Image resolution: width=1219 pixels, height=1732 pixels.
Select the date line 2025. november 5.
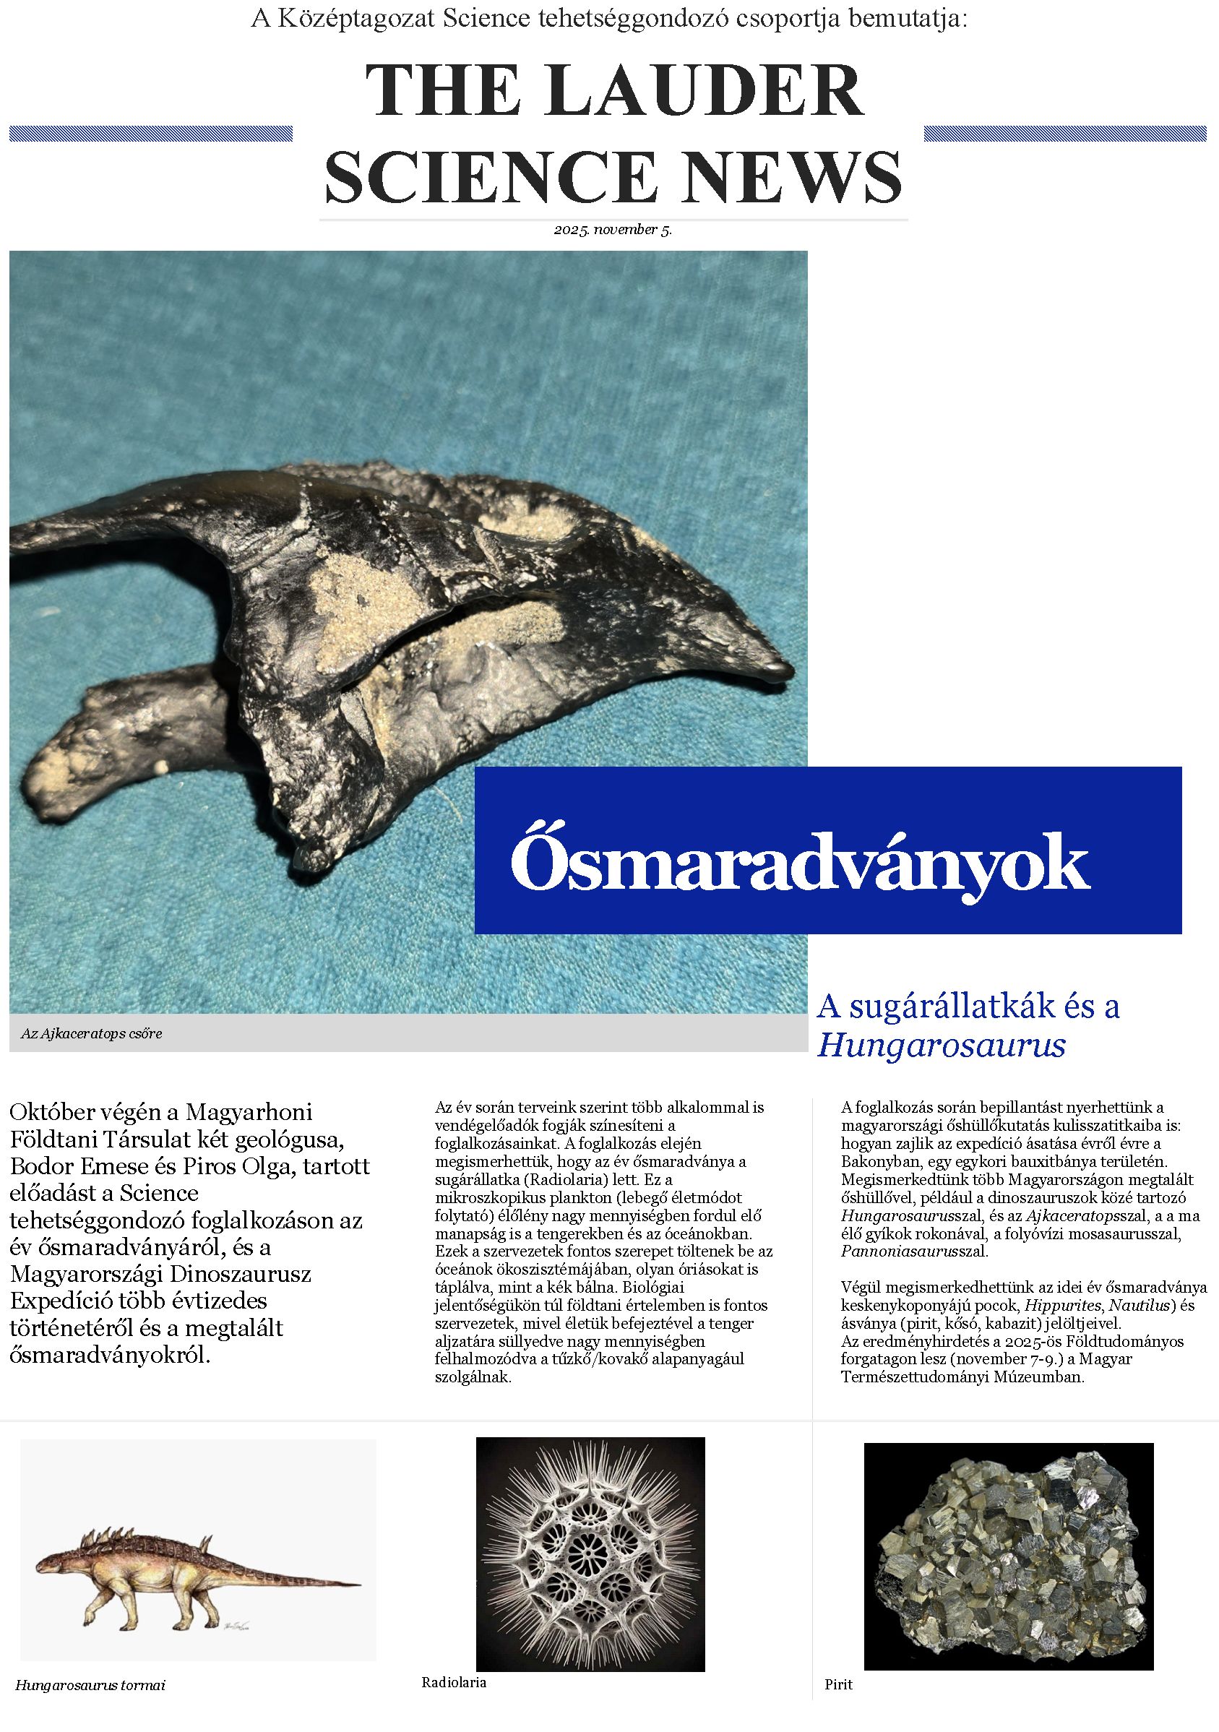click(x=613, y=230)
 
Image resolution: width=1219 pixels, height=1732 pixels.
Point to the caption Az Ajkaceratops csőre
click(x=91, y=1033)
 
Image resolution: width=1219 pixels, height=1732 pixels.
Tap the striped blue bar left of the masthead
click(x=151, y=134)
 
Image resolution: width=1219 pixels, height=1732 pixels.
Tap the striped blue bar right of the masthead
click(x=1067, y=134)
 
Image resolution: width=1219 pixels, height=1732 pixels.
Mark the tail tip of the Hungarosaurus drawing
click(x=360, y=1582)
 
